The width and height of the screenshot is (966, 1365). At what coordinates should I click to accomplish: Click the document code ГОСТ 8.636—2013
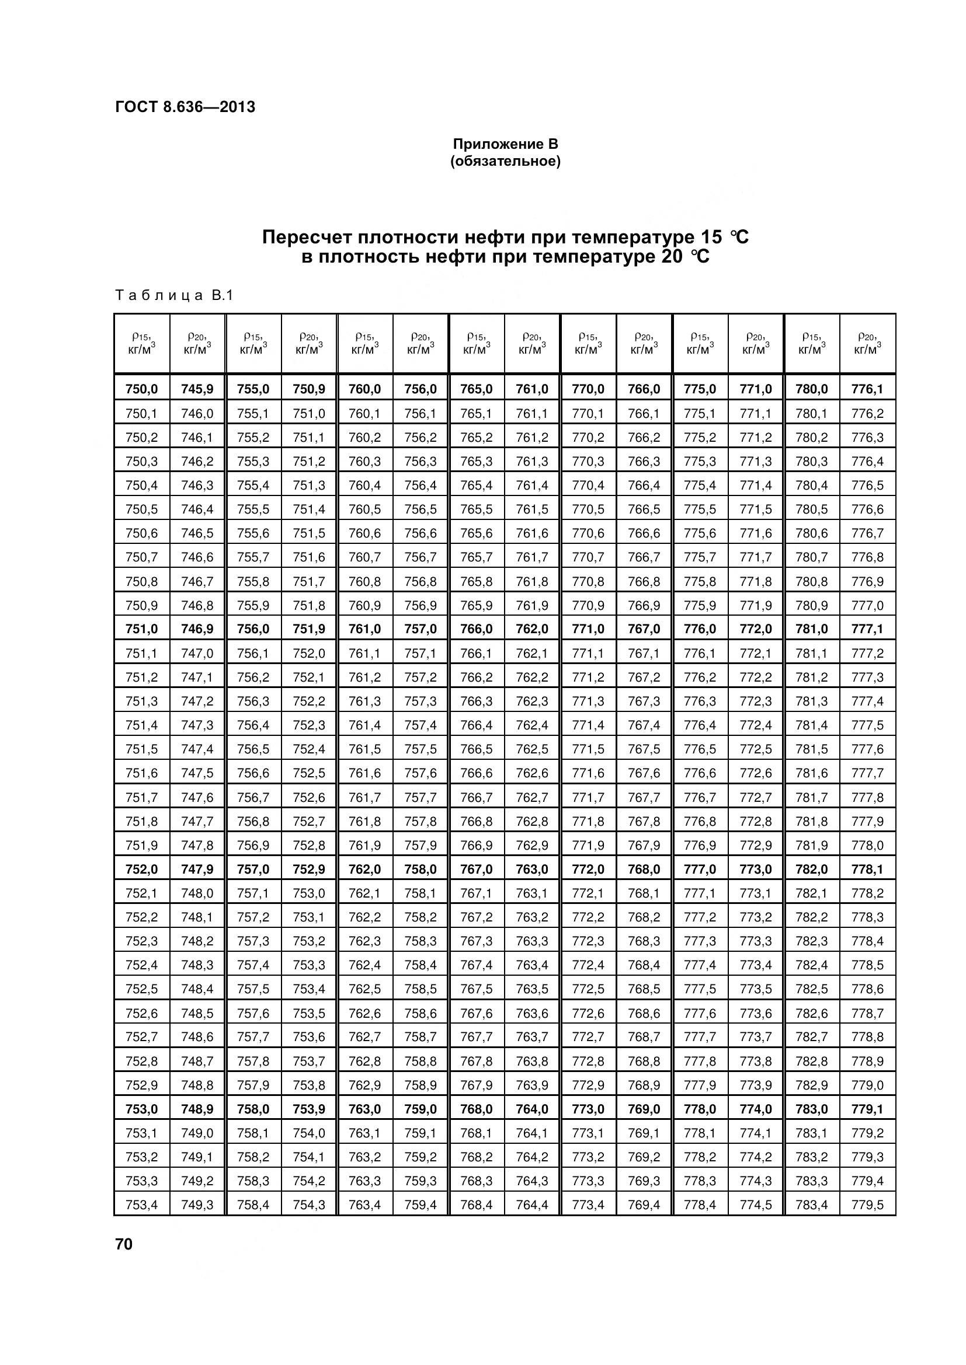(185, 107)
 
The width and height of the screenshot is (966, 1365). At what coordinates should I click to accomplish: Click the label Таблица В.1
(173, 295)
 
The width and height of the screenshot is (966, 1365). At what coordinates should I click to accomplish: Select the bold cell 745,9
(197, 389)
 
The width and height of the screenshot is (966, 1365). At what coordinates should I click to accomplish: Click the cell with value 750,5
(141, 509)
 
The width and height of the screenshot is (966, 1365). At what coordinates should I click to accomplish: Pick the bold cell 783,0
(811, 1109)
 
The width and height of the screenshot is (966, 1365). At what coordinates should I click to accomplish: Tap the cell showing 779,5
(867, 1205)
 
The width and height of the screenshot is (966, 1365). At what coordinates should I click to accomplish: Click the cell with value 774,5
(755, 1205)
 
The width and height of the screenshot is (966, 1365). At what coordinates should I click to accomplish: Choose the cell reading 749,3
(197, 1205)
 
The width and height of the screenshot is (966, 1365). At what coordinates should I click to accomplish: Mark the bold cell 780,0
(811, 389)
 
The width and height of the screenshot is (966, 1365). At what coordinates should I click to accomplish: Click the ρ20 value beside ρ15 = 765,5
(532, 509)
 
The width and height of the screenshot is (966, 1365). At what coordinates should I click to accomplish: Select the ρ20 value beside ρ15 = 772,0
(644, 869)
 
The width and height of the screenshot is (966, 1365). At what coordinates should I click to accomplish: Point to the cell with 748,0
(197, 893)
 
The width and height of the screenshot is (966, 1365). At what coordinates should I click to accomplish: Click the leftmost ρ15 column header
(141, 344)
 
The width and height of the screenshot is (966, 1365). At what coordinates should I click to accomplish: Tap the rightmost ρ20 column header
(867, 344)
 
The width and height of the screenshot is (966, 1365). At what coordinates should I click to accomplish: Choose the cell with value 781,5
(811, 749)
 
